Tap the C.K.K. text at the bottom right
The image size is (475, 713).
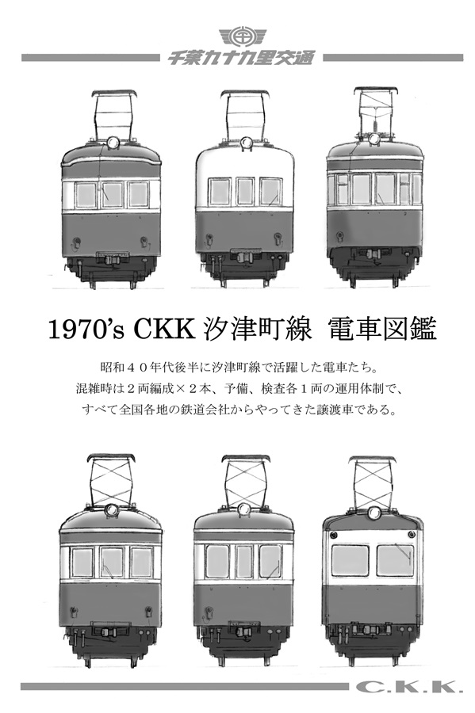(x=406, y=687)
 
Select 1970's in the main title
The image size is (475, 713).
(x=86, y=330)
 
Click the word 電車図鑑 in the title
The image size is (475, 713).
(x=381, y=330)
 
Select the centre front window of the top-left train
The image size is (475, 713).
(x=112, y=195)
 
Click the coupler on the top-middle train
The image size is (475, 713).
(x=244, y=256)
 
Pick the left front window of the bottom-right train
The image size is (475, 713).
(x=350, y=560)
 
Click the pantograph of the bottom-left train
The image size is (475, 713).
(x=112, y=480)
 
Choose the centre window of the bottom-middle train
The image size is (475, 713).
(x=244, y=561)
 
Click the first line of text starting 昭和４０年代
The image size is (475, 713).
(x=238, y=367)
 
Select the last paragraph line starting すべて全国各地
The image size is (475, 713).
(x=238, y=410)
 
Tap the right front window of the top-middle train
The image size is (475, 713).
(x=270, y=192)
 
